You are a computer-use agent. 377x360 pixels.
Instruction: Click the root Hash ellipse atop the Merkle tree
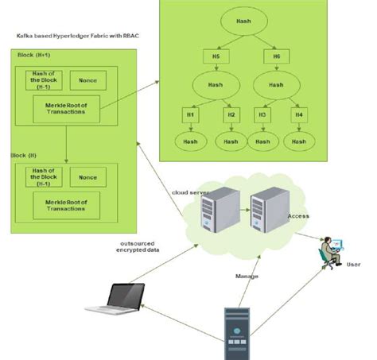[x=243, y=21]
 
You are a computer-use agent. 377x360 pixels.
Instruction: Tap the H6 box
[x=276, y=56]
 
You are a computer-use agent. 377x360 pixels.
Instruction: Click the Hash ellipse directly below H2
[x=231, y=142]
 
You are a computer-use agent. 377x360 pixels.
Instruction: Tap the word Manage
[x=247, y=276]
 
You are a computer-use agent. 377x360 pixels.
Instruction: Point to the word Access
[x=298, y=216]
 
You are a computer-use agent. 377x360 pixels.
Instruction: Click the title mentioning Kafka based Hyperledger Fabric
[x=72, y=37]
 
